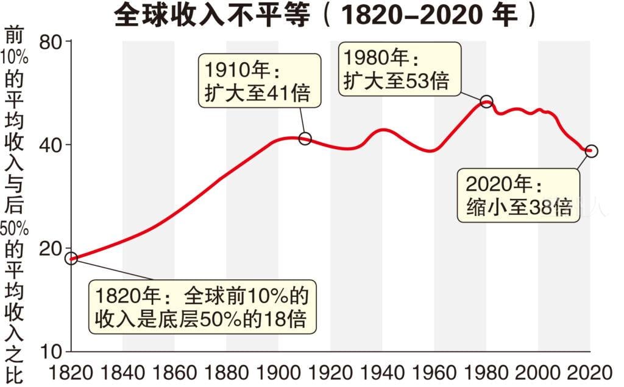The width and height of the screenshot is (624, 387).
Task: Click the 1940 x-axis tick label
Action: (x=383, y=372)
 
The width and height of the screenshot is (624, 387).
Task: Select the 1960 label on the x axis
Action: (x=434, y=372)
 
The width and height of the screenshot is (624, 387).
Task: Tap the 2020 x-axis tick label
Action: (x=590, y=372)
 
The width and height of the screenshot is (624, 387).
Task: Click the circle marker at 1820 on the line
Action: (x=71, y=259)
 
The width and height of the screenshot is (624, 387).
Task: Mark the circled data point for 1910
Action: (x=305, y=139)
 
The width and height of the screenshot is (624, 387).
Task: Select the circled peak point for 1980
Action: (x=486, y=102)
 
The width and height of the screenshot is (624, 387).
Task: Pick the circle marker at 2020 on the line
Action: (x=590, y=151)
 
